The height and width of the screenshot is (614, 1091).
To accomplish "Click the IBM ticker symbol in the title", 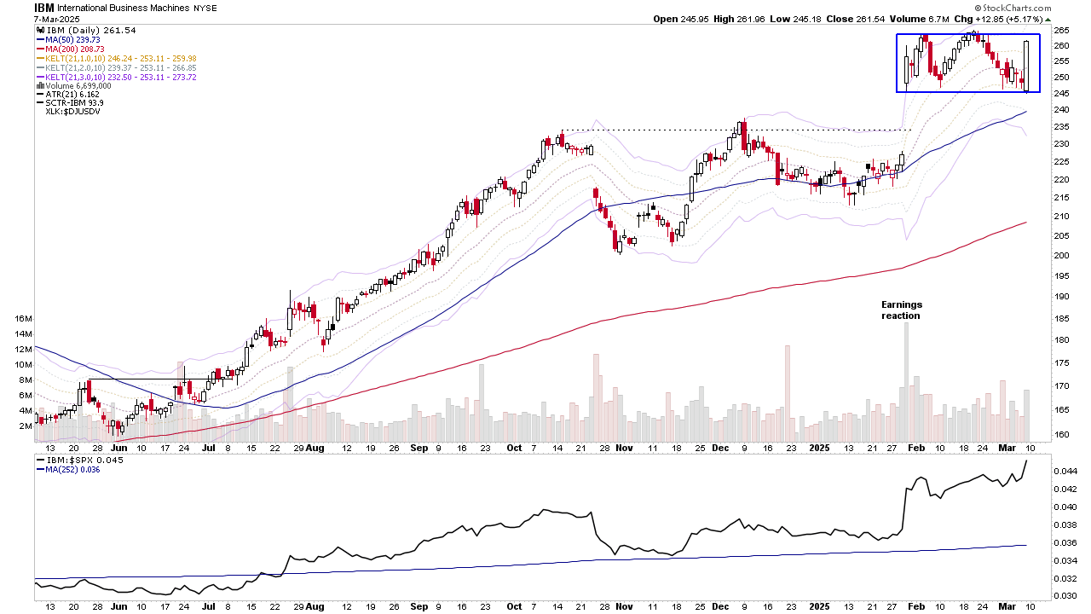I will pyautogui.click(x=43, y=7).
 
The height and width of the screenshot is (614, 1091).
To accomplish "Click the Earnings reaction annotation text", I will pyautogui.click(x=901, y=310).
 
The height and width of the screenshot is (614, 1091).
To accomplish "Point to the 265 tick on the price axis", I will pyautogui.click(x=1062, y=31).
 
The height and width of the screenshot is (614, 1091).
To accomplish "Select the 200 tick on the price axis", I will pyautogui.click(x=1062, y=256).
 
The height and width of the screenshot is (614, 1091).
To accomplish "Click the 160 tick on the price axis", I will pyautogui.click(x=1062, y=435).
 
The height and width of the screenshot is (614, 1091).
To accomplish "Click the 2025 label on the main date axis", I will pyautogui.click(x=819, y=448).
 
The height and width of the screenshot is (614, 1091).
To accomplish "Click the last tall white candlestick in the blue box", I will pyautogui.click(x=1029, y=66).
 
